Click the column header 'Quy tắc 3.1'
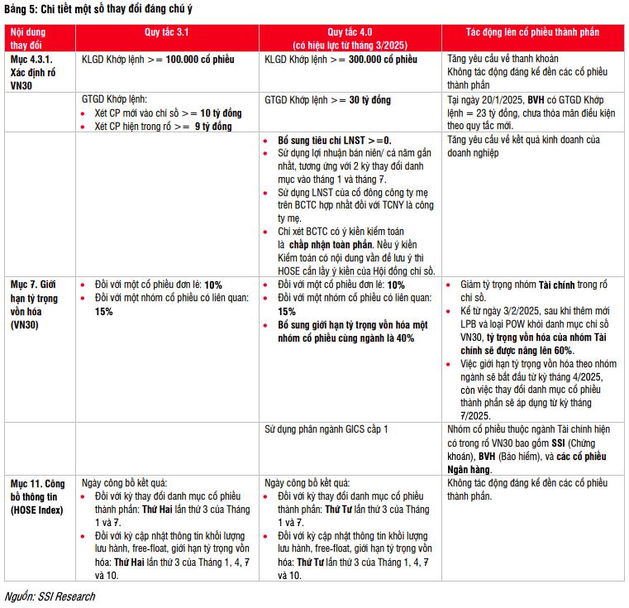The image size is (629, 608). click(166, 31)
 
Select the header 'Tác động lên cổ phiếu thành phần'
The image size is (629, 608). click(532, 31)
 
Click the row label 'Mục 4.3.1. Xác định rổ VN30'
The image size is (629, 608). click(31, 72)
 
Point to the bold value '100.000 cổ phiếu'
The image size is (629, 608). click(201, 60)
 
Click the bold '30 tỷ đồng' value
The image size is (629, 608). click(369, 100)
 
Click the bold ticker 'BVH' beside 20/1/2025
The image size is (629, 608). click(536, 100)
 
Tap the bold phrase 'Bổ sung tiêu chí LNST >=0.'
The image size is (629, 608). click(335, 141)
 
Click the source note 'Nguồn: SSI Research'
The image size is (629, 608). click(49, 596)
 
